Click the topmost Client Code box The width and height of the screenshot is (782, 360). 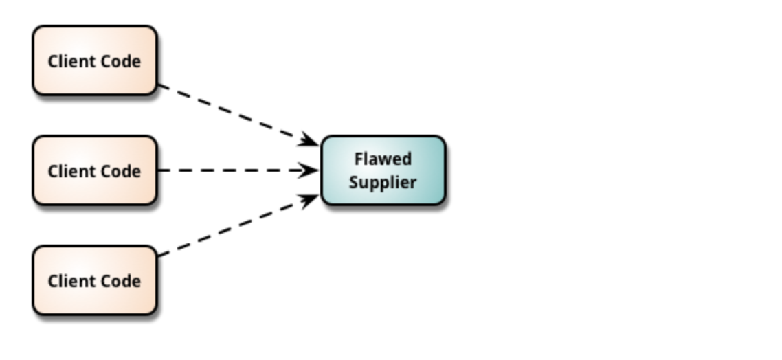95,60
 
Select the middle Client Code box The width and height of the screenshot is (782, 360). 95,170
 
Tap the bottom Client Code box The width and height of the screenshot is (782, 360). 95,280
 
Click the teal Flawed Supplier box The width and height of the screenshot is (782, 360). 383,170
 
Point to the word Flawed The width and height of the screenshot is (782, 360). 383,159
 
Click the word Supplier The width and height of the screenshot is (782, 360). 383,183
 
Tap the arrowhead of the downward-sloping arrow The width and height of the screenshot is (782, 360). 311,142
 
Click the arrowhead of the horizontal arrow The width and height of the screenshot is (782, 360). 311,170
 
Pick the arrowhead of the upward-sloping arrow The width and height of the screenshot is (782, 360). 311,199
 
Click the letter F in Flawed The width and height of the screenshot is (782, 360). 358,159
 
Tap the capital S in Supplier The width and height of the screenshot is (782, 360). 353,183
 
